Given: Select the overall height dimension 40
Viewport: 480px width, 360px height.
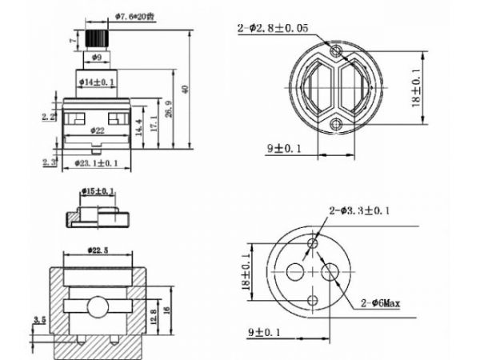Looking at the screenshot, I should (x=186, y=90).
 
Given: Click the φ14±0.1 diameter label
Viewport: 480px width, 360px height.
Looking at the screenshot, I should (x=98, y=82).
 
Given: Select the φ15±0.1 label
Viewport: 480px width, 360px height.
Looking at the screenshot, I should (x=98, y=190).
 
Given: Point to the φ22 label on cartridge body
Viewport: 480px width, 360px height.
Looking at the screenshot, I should (x=98, y=130).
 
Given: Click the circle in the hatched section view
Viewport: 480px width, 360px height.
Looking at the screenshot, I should (x=99, y=309).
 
